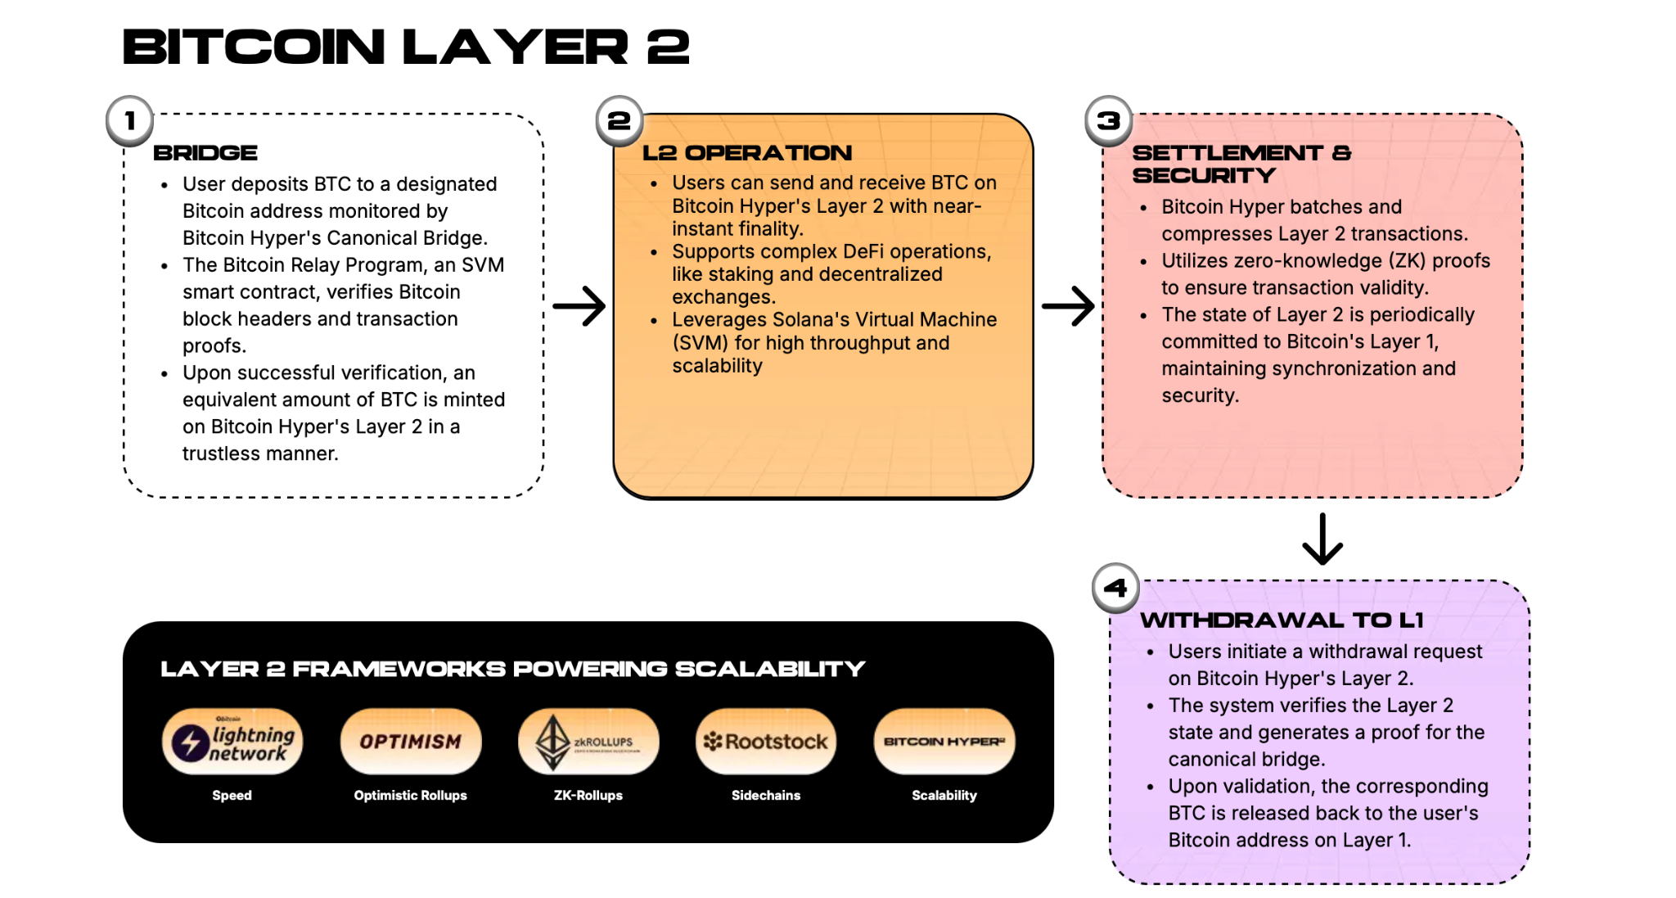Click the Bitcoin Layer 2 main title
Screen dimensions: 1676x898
[406, 47]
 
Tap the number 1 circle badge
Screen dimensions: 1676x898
[129, 121]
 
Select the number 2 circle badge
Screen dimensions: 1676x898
[619, 121]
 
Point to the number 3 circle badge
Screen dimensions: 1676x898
[1109, 121]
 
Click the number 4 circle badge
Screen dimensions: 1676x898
[1115, 588]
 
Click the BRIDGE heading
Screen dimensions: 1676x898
[205, 153]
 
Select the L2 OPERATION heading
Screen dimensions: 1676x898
[747, 153]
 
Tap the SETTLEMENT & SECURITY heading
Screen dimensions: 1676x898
[1241, 164]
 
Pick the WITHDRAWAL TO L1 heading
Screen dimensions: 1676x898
[1282, 620]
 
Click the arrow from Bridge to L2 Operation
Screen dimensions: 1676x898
[579, 306]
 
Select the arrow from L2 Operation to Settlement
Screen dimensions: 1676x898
[1068, 306]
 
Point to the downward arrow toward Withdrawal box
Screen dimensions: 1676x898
[1322, 539]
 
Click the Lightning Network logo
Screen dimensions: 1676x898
[232, 742]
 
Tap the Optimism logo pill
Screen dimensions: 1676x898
[411, 742]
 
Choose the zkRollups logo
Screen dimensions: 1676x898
[588, 742]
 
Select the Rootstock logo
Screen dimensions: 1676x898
[766, 742]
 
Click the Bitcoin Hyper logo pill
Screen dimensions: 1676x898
[944, 742]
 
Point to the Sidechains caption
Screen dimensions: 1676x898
[766, 795]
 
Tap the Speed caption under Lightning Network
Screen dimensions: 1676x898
[232, 796]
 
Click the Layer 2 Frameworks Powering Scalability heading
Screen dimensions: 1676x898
[512, 669]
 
